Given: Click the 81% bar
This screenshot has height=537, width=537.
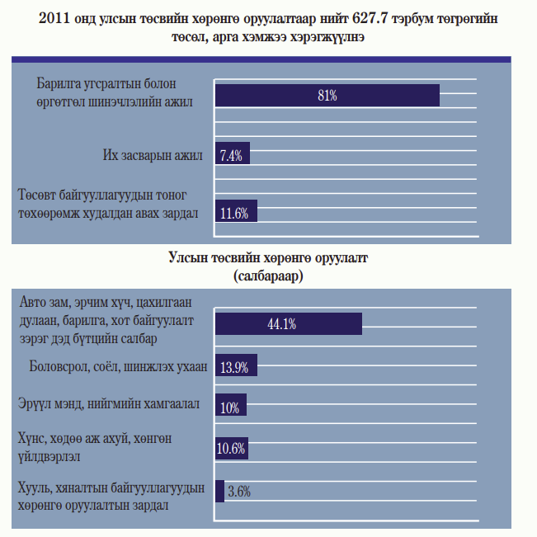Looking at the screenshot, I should pyautogui.click(x=327, y=96).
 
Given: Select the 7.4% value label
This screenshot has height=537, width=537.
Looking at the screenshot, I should pyautogui.click(x=231, y=156).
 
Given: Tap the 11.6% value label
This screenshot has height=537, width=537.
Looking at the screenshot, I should pyautogui.click(x=235, y=213).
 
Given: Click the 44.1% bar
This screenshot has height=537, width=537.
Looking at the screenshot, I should pyautogui.click(x=288, y=323).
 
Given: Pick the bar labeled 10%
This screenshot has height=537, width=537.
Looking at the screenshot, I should pyautogui.click(x=230, y=407).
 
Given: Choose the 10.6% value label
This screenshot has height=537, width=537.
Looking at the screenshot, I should pyautogui.click(x=231, y=449).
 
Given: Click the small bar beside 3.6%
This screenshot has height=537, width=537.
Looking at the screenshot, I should pyautogui.click(x=219, y=491).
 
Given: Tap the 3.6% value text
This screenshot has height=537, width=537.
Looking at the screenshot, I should pyautogui.click(x=238, y=492).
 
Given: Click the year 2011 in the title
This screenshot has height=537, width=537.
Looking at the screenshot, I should pyautogui.click(x=55, y=18).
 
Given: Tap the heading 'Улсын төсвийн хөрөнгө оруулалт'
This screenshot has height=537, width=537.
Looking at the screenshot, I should pyautogui.click(x=268, y=259).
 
